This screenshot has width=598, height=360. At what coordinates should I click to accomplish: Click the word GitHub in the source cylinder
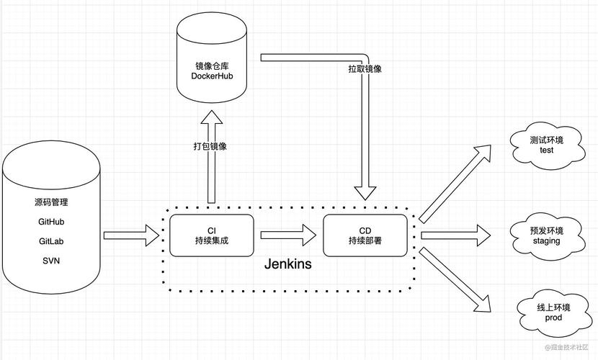pyautogui.click(x=51, y=222)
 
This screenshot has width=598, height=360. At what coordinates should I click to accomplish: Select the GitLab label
pyautogui.click(x=51, y=241)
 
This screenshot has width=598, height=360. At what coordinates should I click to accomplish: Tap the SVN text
pyautogui.click(x=51, y=261)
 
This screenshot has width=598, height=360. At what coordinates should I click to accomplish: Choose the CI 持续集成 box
pyautogui.click(x=212, y=235)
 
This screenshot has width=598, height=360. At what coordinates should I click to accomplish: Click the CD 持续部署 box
pyautogui.click(x=365, y=235)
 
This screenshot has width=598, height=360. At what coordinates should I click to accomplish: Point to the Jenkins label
pyautogui.click(x=288, y=264)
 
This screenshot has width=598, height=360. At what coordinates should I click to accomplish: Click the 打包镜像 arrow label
pyautogui.click(x=210, y=145)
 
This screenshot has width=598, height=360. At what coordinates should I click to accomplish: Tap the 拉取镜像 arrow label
pyautogui.click(x=365, y=69)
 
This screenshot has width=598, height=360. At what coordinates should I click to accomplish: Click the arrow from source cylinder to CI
pyautogui.click(x=131, y=235)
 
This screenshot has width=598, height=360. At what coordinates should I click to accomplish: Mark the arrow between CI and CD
pyautogui.click(x=288, y=235)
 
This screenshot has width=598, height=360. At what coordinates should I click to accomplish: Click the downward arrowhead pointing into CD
pyautogui.click(x=365, y=192)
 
